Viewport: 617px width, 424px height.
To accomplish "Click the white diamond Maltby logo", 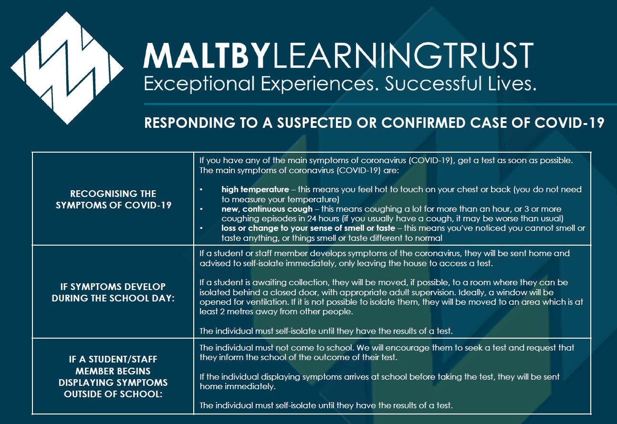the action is (67, 68).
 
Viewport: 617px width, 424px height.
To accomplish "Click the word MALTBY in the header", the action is (206, 55).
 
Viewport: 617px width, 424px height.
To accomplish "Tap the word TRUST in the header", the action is (475, 55).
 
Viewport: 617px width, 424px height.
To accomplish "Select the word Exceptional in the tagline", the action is (199, 84).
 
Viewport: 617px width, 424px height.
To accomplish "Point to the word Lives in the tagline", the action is (512, 83).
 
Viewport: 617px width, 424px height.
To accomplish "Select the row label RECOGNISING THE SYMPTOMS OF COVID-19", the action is (113, 199).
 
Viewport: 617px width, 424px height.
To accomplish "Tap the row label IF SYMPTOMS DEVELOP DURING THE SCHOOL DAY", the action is (113, 292).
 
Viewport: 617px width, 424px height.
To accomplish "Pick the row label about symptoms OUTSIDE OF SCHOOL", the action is (113, 377).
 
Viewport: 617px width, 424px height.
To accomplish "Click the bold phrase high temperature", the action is (255, 189).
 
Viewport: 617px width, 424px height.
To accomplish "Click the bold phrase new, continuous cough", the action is (267, 209).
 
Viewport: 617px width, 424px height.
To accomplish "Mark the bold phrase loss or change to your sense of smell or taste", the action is (308, 228).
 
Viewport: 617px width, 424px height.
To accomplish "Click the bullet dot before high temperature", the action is (201, 190).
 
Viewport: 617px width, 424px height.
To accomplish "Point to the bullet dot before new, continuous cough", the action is (201, 209).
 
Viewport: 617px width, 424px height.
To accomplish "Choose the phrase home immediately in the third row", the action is (238, 386).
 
